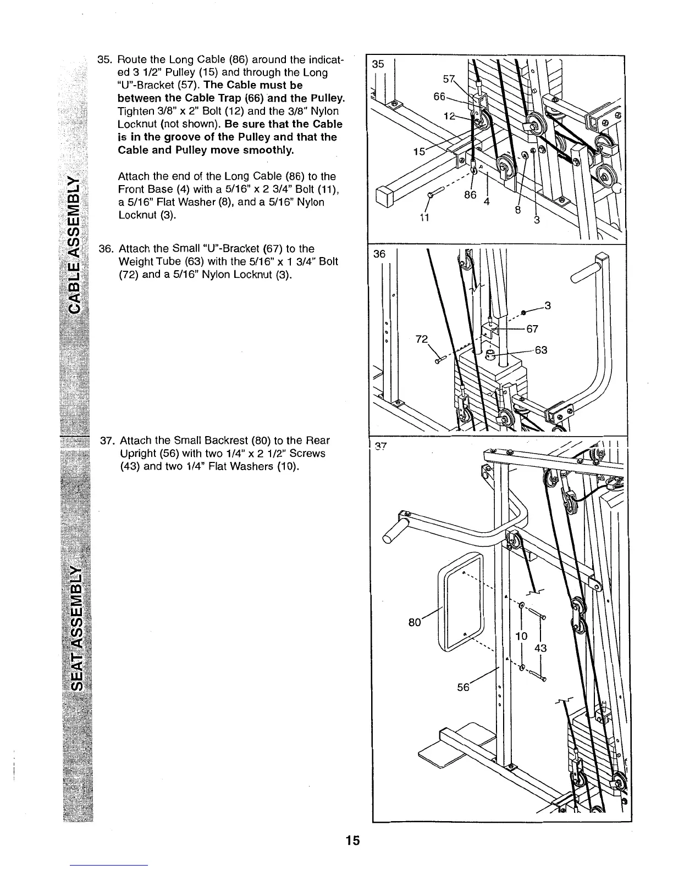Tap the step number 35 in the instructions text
(104, 60)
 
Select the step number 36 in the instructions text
(105, 249)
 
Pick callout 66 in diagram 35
(439, 97)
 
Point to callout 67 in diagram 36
(532, 329)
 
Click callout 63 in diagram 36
(540, 350)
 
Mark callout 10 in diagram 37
(522, 636)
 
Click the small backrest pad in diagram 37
(461, 601)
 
